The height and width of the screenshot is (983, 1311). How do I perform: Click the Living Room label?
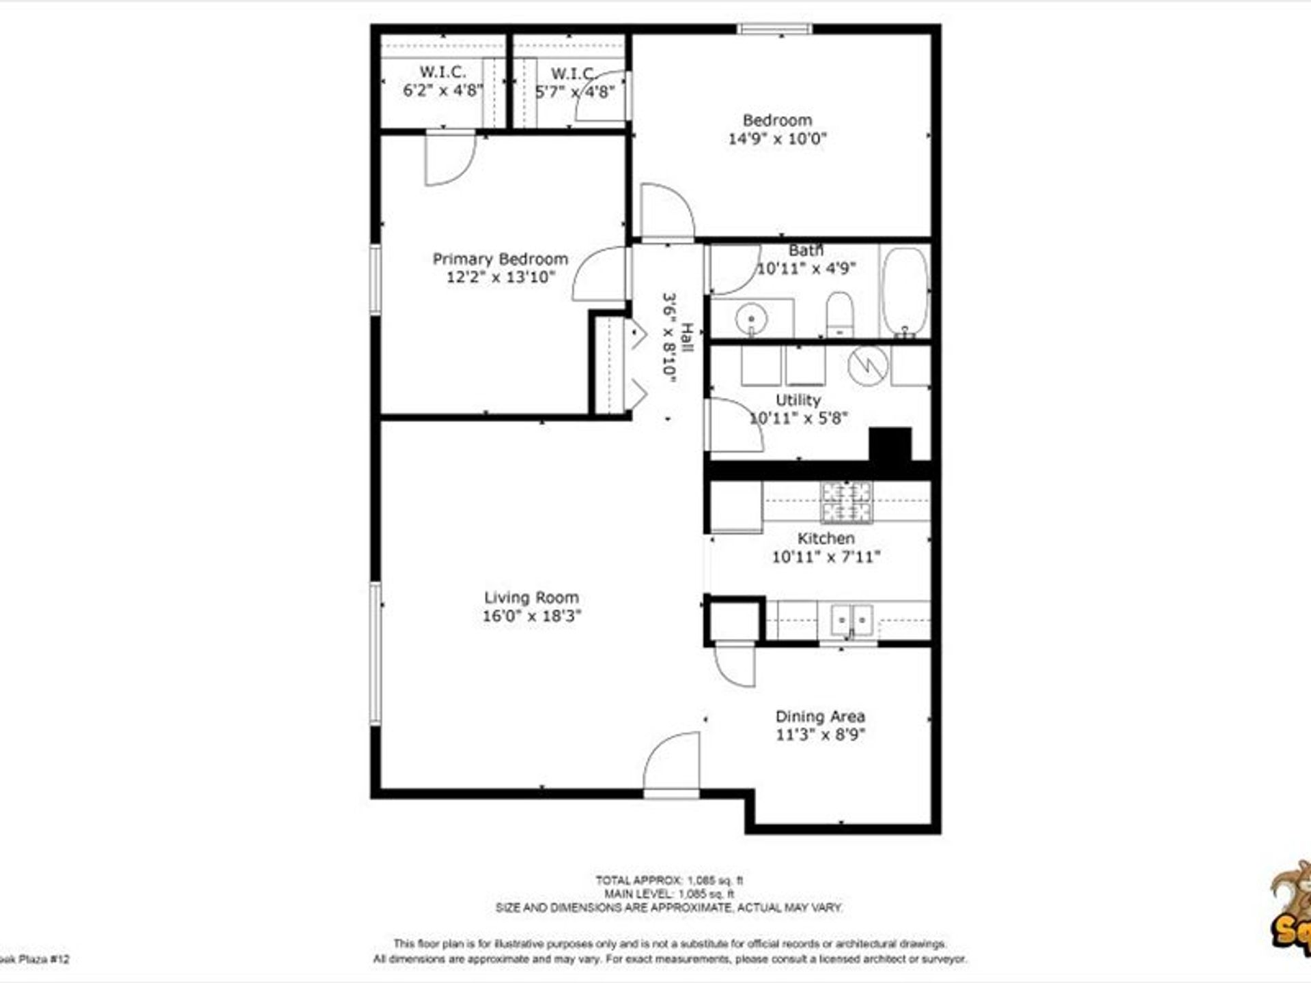pos(531,597)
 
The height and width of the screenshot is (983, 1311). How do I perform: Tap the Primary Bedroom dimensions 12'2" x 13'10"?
pos(501,277)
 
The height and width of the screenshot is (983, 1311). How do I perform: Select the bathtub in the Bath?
pos(905,292)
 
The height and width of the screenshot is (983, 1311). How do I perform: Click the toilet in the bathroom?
pos(839,314)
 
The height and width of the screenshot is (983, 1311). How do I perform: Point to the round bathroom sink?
pos(751,318)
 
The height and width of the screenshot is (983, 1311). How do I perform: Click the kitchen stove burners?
pos(846,502)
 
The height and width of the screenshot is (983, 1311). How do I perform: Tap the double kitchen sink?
pos(851,620)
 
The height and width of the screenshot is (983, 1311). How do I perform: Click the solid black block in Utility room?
pos(890,444)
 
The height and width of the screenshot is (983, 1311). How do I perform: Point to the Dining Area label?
pos(820,717)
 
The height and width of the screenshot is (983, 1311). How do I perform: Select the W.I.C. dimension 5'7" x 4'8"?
pos(575,91)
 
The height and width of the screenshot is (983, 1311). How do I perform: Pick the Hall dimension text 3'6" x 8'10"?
pos(670,337)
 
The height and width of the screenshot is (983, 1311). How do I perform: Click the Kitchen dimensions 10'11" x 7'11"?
pos(826,557)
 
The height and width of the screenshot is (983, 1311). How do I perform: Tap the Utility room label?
pos(798,400)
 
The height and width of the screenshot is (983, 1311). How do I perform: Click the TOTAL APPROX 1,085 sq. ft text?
pos(668,881)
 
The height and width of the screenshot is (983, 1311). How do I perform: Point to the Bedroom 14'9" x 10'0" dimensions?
pos(777,139)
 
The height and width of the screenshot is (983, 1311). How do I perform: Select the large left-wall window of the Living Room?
pos(375,653)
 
